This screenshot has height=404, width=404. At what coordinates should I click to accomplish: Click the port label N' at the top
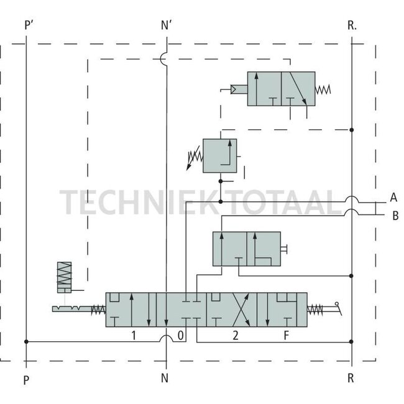[x=167, y=25]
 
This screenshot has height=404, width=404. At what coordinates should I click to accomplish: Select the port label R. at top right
[x=352, y=25]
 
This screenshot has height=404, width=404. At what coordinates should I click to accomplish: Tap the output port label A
[x=393, y=198]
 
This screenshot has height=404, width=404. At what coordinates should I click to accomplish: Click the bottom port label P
[x=26, y=379]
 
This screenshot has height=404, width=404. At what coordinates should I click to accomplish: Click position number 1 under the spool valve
[x=133, y=336]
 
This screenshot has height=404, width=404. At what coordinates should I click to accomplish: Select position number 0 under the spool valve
[x=180, y=336]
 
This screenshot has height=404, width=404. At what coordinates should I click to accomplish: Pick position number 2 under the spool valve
[x=235, y=336]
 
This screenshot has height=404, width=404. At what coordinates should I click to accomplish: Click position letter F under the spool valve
[x=285, y=336]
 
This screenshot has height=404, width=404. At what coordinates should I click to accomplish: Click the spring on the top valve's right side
[x=323, y=90]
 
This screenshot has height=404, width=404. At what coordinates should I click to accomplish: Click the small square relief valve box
[x=220, y=155]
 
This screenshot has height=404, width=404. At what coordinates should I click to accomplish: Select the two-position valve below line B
[x=246, y=249]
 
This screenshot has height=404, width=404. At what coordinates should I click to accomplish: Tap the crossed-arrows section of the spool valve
[x=232, y=310]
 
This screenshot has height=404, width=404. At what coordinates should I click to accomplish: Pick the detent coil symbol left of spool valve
[x=65, y=277]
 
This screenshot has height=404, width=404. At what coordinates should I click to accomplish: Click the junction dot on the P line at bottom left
[x=26, y=341]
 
